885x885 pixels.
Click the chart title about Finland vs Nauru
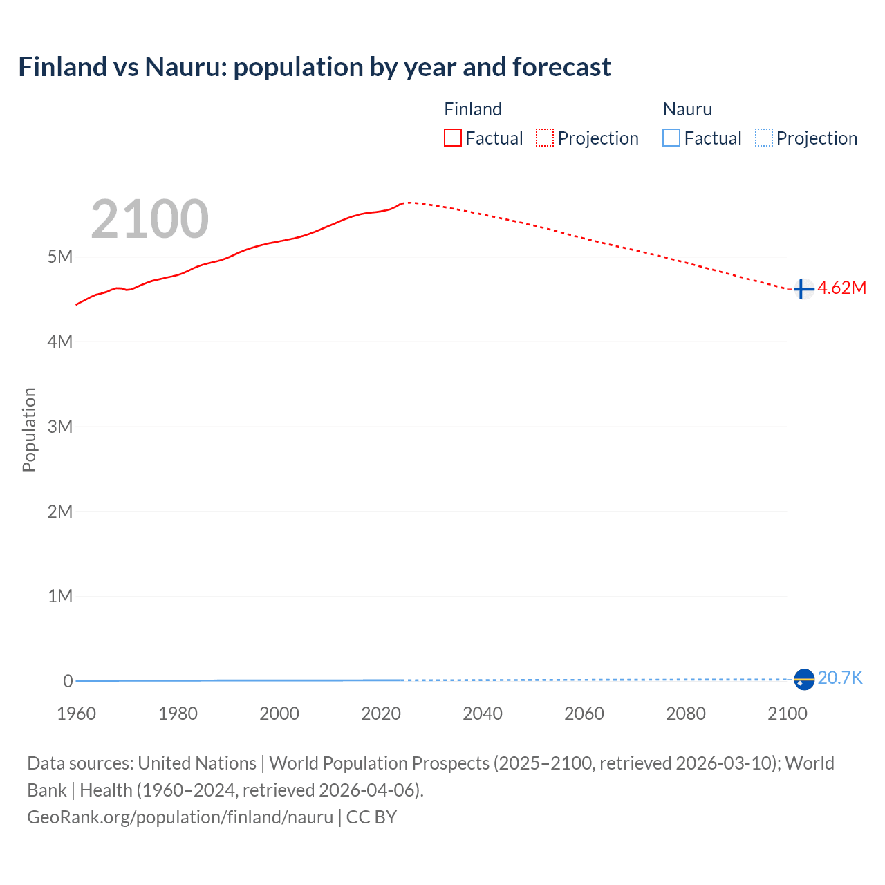tap(315, 67)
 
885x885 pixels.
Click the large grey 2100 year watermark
tap(149, 219)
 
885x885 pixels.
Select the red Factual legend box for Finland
tap(452, 138)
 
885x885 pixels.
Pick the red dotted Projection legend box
tap(545, 138)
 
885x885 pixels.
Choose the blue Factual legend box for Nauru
tap(671, 138)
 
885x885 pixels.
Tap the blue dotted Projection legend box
tap(763, 138)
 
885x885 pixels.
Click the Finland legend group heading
tap(472, 109)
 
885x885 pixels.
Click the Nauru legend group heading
tap(687, 109)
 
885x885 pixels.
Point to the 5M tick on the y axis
tap(60, 257)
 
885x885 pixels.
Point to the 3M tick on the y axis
tap(60, 427)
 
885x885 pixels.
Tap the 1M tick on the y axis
tap(60, 596)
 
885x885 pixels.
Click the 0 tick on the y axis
tap(68, 681)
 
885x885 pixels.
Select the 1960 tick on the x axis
tap(76, 714)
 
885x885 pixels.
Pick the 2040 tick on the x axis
tap(483, 714)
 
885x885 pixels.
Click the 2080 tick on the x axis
tap(686, 714)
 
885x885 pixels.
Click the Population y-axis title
tap(29, 429)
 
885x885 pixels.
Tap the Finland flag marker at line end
tap(803, 288)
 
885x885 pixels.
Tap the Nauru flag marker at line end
tap(803, 680)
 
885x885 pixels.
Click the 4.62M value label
tap(841, 288)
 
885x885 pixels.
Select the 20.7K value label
tap(840, 678)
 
